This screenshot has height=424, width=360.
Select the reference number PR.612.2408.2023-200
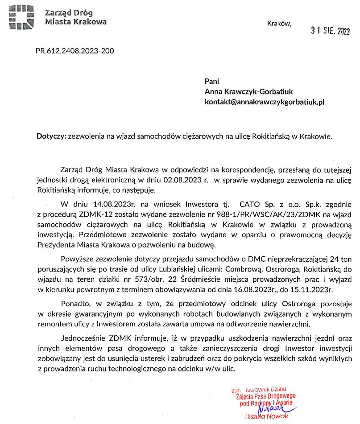click(74, 51)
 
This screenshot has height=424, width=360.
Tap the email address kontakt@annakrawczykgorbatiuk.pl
click(264, 102)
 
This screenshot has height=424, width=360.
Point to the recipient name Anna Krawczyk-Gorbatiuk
click(248, 91)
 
